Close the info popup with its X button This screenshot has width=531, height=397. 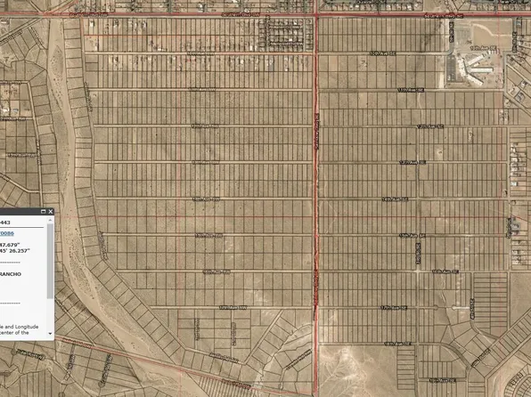tap(51, 212)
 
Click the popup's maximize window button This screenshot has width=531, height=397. tap(42, 212)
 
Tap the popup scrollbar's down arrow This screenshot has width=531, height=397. tap(51, 332)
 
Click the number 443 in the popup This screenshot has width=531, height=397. tap(5, 223)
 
